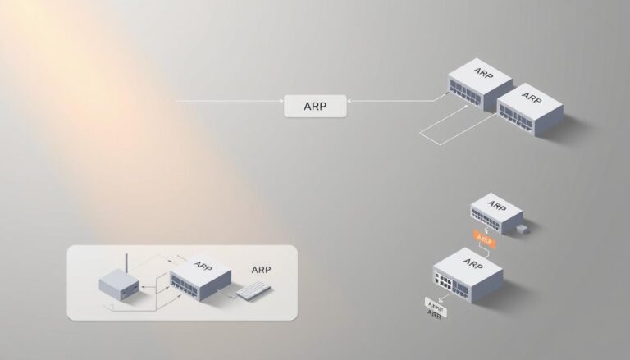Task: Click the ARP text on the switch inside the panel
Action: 203,266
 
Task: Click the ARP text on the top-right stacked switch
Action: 531,98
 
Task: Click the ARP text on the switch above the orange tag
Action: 496,205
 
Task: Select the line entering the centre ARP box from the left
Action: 230,102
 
